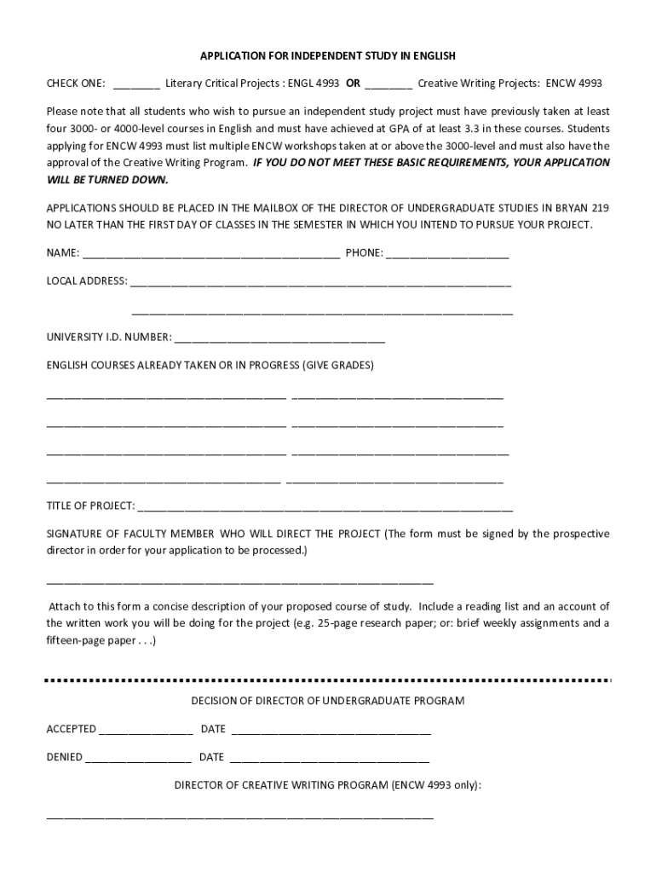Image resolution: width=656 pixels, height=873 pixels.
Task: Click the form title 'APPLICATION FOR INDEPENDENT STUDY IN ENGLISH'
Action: (328, 56)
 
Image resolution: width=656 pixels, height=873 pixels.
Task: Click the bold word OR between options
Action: (352, 84)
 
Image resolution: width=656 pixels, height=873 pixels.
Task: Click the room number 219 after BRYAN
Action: (599, 208)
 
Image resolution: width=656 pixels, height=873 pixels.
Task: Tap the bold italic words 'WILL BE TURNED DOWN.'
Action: (107, 180)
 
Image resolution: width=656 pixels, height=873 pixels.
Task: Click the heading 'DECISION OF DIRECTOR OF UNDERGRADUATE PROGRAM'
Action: (328, 701)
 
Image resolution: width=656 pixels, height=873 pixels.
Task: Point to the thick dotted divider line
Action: (328, 680)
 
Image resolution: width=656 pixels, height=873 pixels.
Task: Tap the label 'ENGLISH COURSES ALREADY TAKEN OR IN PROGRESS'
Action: (174, 366)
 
